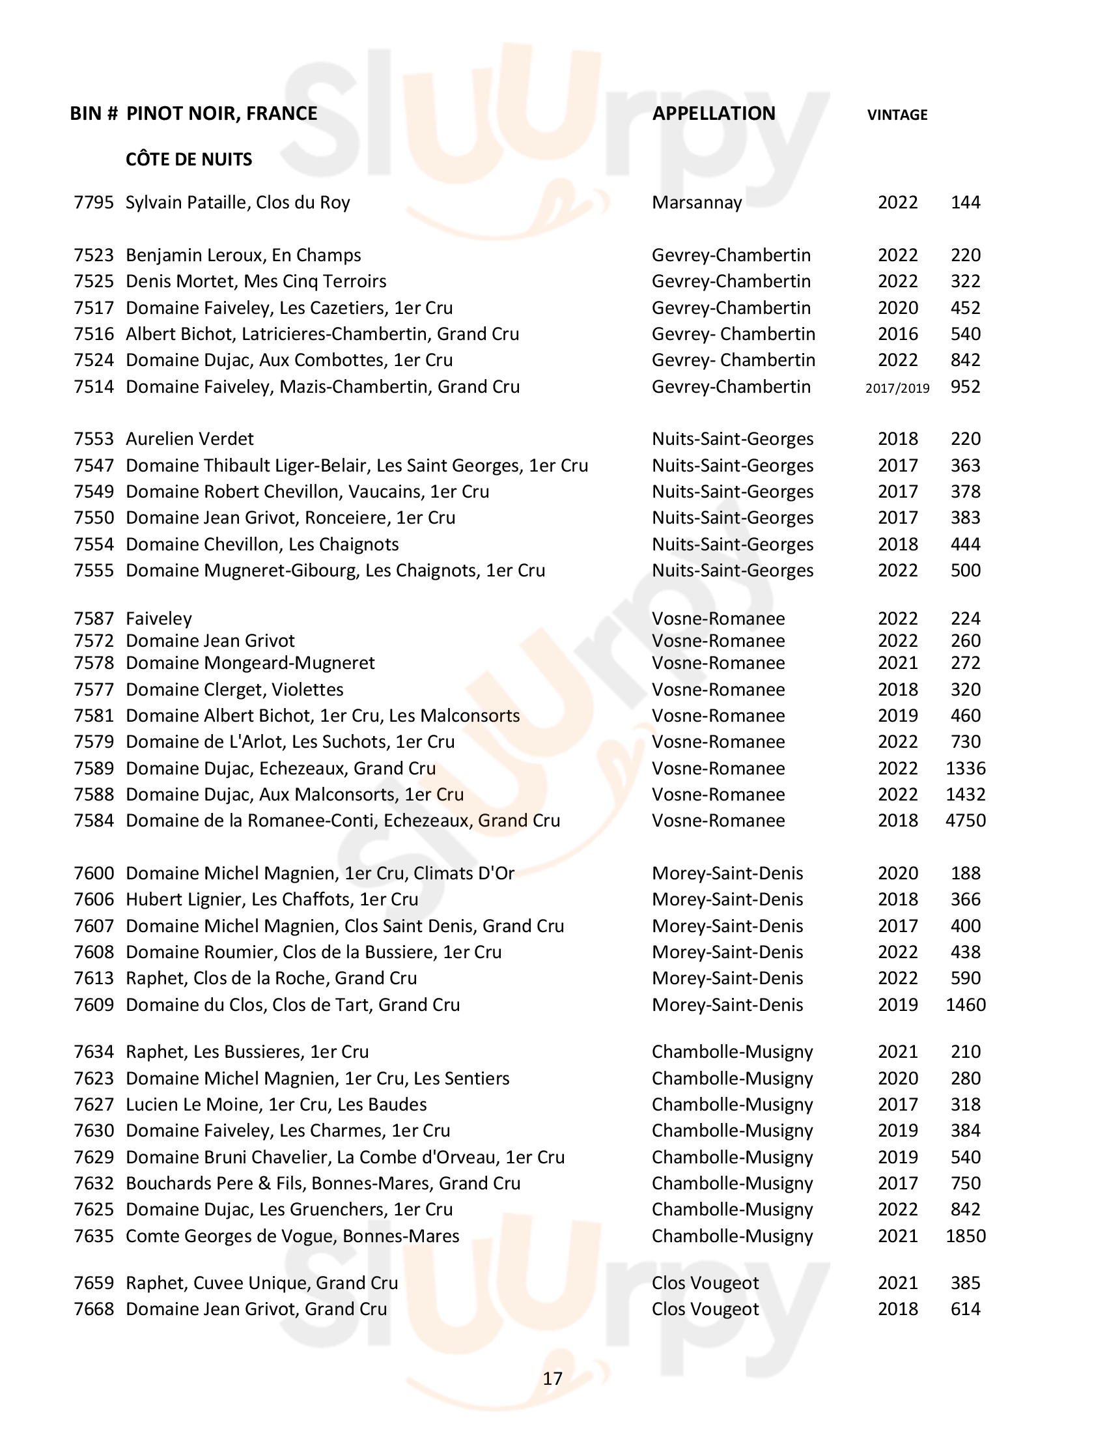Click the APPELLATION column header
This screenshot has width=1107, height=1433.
click(x=714, y=113)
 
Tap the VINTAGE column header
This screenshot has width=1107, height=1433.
click(x=897, y=115)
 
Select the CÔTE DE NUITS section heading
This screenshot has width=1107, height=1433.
click(x=189, y=160)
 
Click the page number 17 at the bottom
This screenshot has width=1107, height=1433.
click(x=553, y=1378)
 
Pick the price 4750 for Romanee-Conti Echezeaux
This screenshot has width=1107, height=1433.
click(x=965, y=821)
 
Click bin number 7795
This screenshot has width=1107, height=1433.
click(x=94, y=203)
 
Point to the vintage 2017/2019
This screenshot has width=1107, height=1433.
click(x=897, y=388)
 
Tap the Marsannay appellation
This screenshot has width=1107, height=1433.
click(x=697, y=203)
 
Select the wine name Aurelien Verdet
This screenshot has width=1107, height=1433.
click(x=189, y=439)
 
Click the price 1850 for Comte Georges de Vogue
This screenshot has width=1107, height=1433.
click(x=965, y=1236)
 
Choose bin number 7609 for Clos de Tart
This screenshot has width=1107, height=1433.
click(x=94, y=1004)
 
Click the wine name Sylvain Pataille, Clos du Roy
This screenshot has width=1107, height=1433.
click(x=238, y=203)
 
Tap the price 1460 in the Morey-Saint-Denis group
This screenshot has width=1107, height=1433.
click(x=965, y=1004)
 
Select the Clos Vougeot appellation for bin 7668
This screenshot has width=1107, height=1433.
click(x=705, y=1309)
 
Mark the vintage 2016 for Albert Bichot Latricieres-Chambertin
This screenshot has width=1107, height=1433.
click(x=897, y=334)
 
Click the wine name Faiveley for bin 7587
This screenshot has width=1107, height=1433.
click(x=159, y=619)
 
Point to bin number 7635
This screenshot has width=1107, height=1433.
click(x=94, y=1236)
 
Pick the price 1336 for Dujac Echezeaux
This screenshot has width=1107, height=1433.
click(x=965, y=769)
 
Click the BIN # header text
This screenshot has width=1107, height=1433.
click(x=94, y=113)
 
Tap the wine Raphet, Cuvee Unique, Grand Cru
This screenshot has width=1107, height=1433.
click(x=262, y=1283)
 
